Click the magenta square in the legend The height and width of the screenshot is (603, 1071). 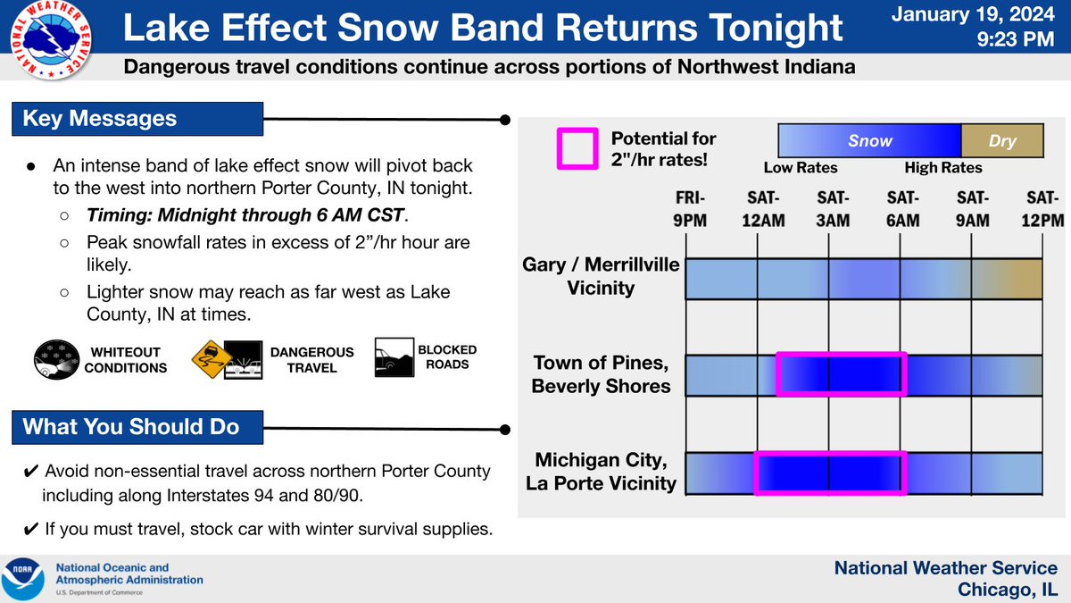[577, 148]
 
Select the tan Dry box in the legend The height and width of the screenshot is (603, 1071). [1001, 141]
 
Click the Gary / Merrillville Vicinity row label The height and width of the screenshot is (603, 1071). [601, 276]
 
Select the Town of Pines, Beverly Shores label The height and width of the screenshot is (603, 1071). [601, 374]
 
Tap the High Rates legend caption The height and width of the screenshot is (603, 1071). [942, 168]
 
